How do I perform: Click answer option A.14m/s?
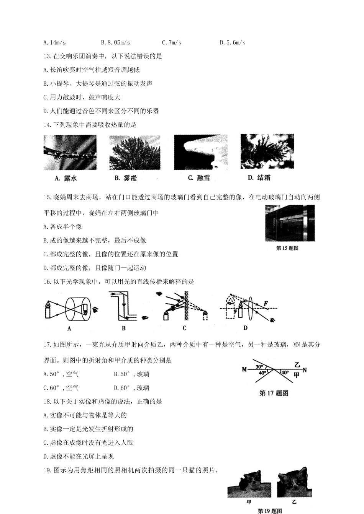coord(55,42)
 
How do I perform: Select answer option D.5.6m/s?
coord(233,42)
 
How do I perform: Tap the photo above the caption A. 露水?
coord(70,152)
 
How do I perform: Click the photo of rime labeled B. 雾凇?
coord(135,153)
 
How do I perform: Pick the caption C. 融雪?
coord(199,178)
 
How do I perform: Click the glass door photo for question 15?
coord(290,223)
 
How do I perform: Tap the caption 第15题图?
coord(287,248)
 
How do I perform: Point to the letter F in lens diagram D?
coord(265,304)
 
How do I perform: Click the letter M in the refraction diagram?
coord(244,369)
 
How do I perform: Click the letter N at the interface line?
coord(305,370)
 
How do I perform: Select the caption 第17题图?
coord(274,393)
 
